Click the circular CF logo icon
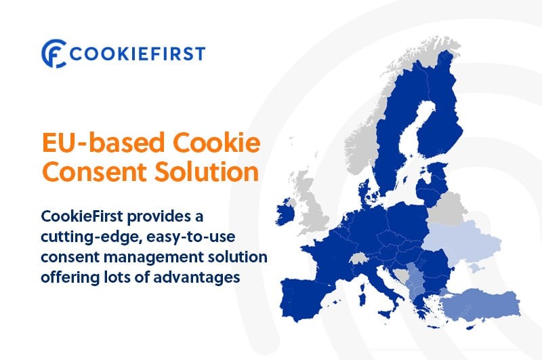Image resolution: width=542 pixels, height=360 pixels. click(x=54, y=54)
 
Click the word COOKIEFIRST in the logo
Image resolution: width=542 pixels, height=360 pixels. click(x=138, y=54)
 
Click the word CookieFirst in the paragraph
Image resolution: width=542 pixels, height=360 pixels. click(x=82, y=216)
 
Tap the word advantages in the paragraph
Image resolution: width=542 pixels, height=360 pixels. click(x=196, y=278)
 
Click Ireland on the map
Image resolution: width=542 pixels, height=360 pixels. click(x=285, y=212)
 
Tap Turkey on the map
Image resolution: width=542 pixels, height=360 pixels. click(x=481, y=304)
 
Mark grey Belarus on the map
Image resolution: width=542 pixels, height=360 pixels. click(x=446, y=209)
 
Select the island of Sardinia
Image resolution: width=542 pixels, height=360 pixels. click(x=362, y=295)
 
